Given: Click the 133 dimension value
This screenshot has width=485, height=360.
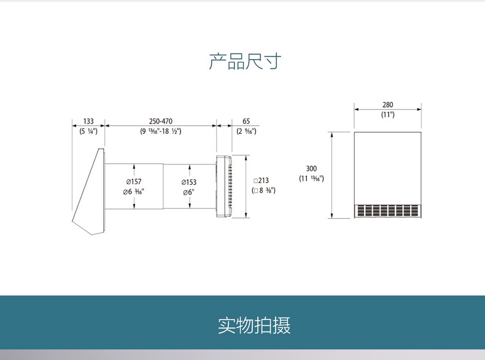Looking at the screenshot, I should click(88, 121).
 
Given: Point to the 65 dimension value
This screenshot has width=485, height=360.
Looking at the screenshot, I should click(246, 121).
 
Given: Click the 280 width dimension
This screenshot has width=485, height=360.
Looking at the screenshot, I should click(387, 105).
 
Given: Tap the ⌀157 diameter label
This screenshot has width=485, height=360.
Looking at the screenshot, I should click(133, 182).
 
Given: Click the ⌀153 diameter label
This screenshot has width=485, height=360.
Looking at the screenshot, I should click(188, 182).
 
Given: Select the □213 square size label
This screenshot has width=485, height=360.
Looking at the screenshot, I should click(262, 181).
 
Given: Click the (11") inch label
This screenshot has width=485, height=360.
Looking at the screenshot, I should click(387, 115).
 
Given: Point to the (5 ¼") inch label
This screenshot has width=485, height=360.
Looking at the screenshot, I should click(88, 131).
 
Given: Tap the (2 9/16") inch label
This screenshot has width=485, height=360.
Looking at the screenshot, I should click(246, 131).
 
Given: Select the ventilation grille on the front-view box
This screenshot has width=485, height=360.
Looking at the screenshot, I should click(388, 211).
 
